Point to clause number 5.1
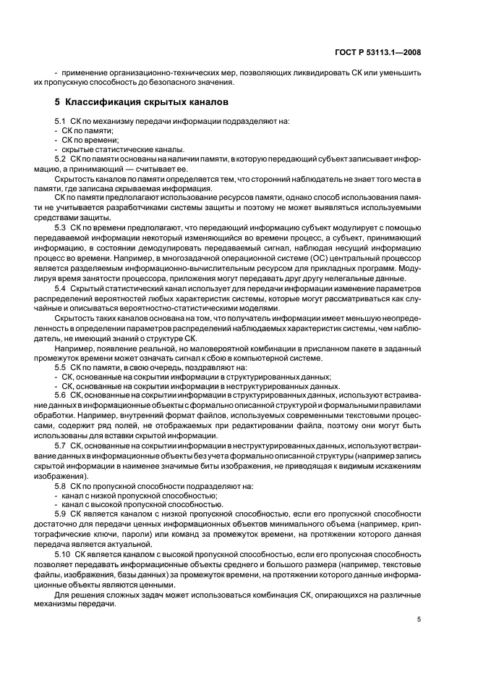pyautogui.click(x=61, y=120)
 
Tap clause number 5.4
pyautogui.click(x=61, y=289)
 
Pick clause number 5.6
pyautogui.click(x=61, y=394)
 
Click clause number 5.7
pyautogui.click(x=61, y=446)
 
